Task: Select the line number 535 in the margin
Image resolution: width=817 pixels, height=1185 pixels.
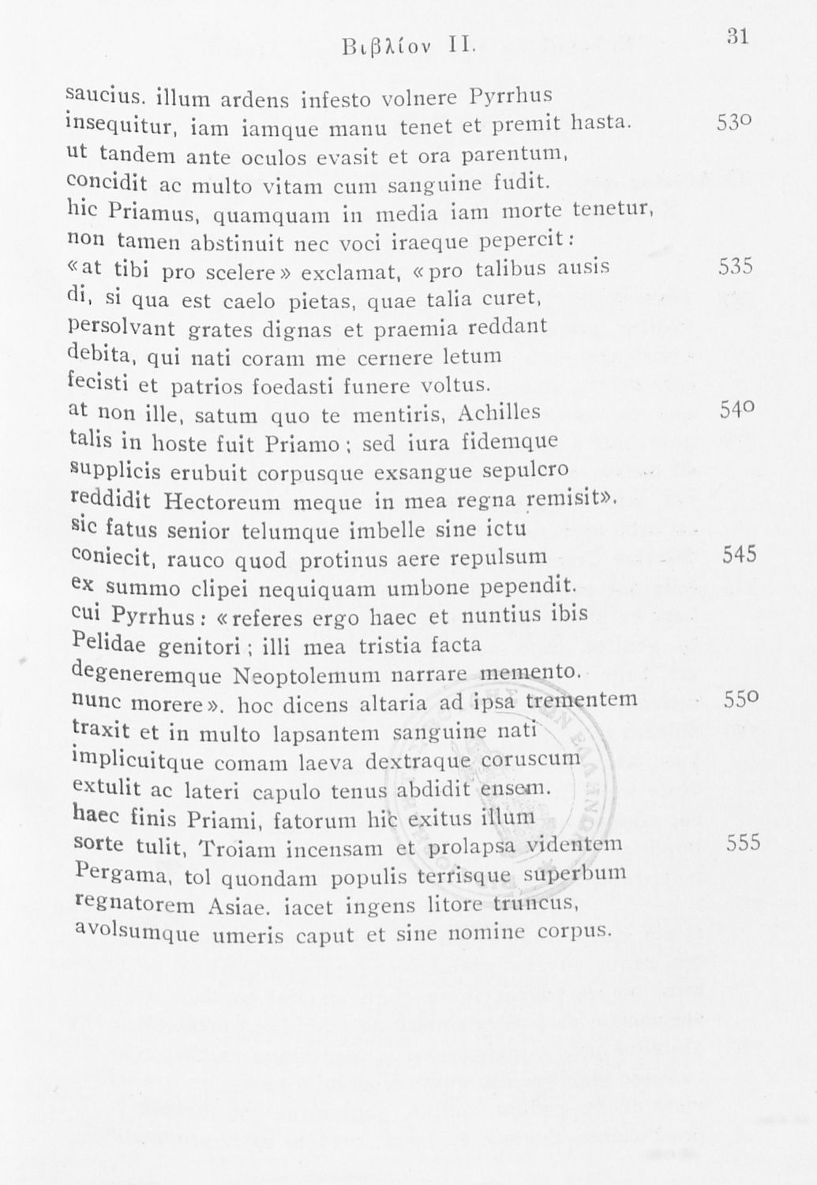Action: click(736, 266)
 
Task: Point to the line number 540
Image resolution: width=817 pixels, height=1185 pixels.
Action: click(738, 409)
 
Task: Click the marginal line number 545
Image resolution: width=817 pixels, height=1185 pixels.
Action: click(740, 554)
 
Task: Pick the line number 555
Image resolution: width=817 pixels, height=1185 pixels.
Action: click(743, 843)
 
